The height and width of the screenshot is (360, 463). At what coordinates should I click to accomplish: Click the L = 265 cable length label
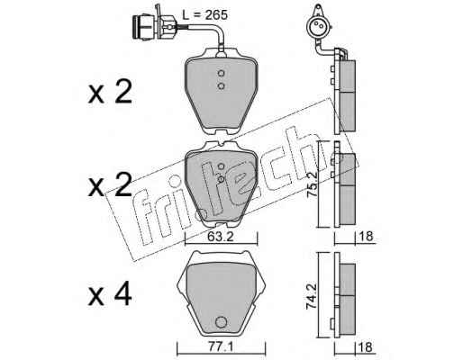pos(205,14)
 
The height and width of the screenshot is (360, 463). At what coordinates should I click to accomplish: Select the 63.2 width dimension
pos(221,238)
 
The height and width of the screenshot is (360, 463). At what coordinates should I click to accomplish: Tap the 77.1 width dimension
pos(221,347)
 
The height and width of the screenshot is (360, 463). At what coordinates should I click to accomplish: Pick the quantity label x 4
pos(110,295)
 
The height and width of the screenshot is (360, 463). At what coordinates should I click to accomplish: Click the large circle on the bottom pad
pos(222,322)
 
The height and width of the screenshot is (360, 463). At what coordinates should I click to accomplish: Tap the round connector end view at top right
pos(318,26)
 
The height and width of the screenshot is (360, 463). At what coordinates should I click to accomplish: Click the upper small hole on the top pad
pos(222,73)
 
